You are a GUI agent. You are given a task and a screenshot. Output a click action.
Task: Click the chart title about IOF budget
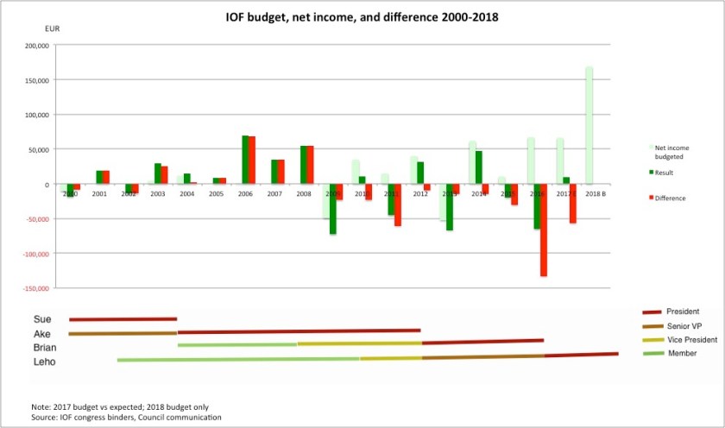pyautogui.click(x=362, y=16)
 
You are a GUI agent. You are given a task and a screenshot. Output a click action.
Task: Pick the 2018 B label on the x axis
pyautogui.click(x=594, y=194)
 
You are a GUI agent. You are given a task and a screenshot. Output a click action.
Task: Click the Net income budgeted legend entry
pyautogui.click(x=673, y=153)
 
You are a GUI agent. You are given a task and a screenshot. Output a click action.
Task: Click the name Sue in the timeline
pyautogui.click(x=42, y=319)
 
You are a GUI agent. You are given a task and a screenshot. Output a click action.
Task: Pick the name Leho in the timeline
pyautogui.click(x=45, y=362)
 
